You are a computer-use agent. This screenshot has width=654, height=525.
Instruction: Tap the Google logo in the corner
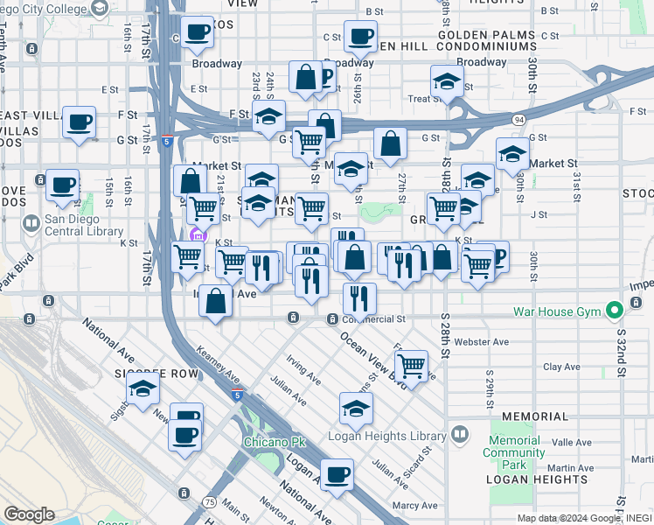(x=29, y=514)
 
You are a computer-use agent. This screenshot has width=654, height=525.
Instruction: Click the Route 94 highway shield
(x=519, y=119)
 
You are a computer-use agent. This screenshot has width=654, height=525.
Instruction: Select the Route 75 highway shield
(x=210, y=501)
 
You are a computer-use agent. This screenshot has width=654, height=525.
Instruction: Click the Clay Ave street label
(x=562, y=367)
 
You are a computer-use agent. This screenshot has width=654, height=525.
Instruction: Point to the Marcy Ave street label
(x=414, y=505)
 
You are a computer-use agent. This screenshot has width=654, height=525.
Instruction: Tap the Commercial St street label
(x=376, y=319)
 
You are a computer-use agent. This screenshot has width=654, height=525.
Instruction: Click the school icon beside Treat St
(x=447, y=82)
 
